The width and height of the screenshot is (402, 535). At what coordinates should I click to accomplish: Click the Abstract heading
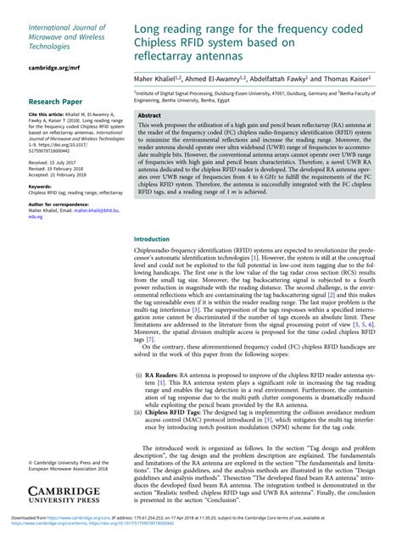[149, 114]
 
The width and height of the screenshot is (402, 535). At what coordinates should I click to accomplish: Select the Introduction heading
[153, 239]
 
